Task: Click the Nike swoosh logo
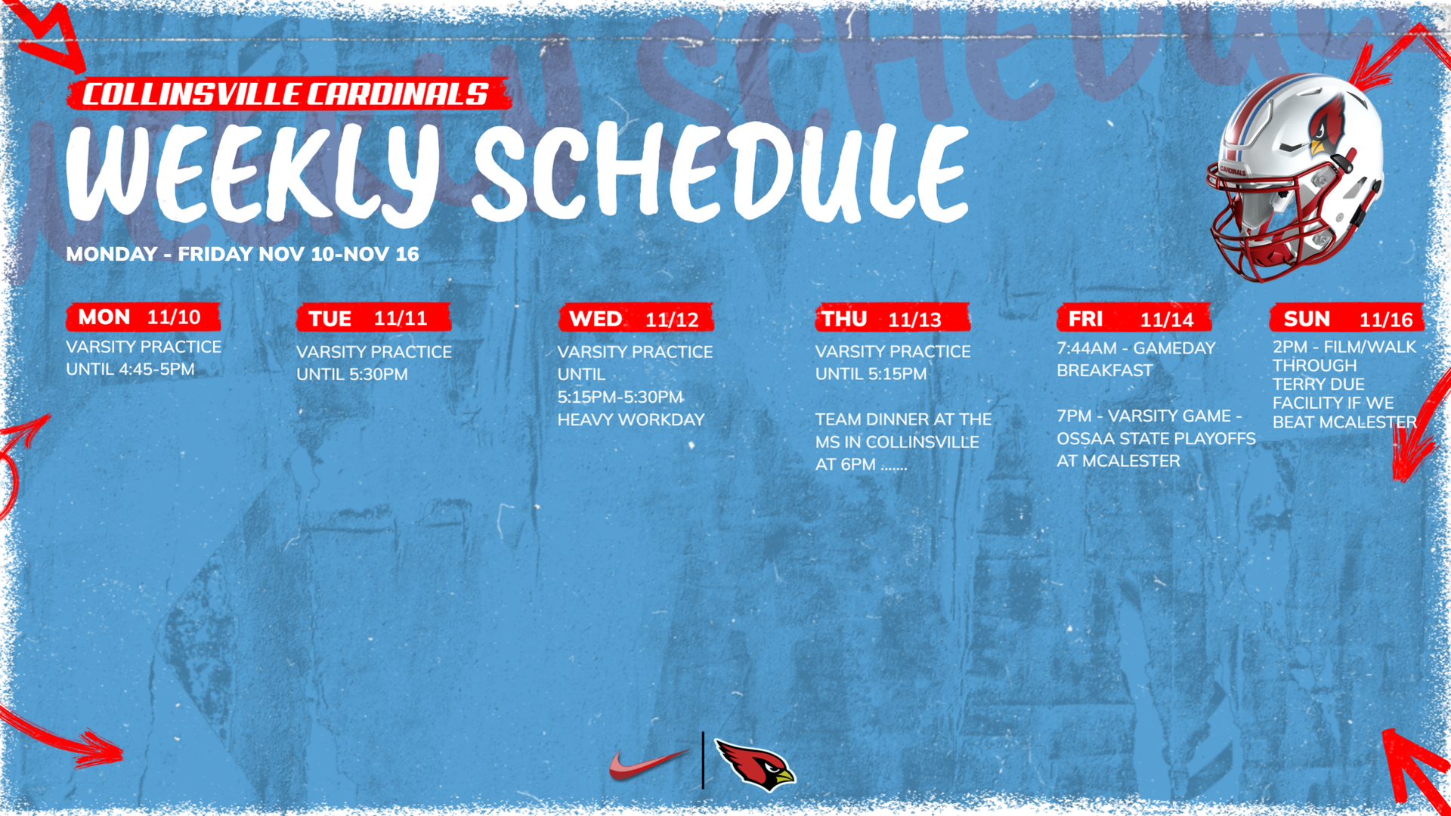pos(648,765)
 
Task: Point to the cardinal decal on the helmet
pos(1328,125)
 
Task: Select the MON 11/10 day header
pos(144,317)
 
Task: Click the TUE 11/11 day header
pos(373,318)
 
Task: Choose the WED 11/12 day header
pos(636,319)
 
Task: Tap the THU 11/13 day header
pos(893,319)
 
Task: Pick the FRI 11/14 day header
pos(1134,319)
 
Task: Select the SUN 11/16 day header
pos(1347,319)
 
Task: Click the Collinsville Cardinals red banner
pos(289,94)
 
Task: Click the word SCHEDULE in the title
pos(720,172)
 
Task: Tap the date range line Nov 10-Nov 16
pos(243,254)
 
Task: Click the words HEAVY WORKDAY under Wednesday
pos(631,419)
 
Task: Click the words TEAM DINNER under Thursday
pos(871,419)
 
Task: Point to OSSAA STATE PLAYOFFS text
pos(1156,438)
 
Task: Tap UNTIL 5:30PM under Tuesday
pos(352,374)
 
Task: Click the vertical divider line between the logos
pos(703,760)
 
